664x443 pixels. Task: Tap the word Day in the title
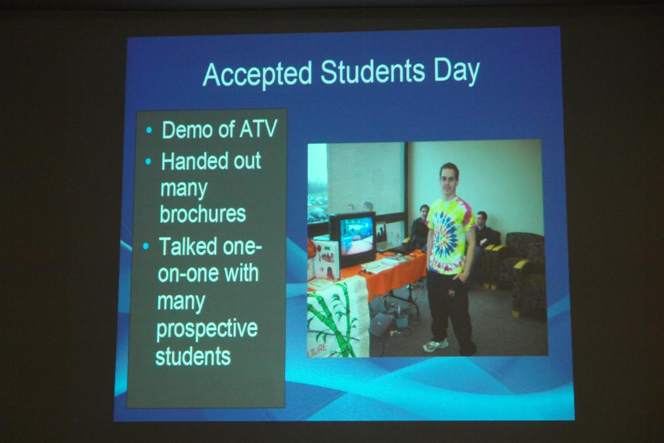(x=456, y=72)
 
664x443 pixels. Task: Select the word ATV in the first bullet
(x=258, y=129)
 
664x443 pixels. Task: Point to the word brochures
(x=203, y=214)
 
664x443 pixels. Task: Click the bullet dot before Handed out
(x=148, y=162)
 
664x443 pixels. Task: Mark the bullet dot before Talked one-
(x=146, y=246)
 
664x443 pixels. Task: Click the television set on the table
(x=353, y=239)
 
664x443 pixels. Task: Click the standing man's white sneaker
(x=435, y=345)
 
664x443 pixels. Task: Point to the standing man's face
(x=448, y=179)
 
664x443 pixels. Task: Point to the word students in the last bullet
(x=192, y=356)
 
